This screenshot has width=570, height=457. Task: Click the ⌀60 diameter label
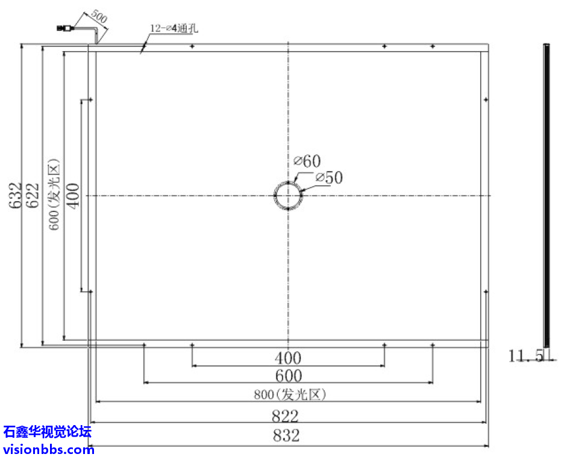tap(307, 161)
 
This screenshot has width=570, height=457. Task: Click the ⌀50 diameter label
tap(328, 178)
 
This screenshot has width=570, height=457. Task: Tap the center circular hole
tap(288, 196)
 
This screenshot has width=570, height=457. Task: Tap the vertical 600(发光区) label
tap(54, 195)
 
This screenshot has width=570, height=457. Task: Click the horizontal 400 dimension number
tap(288, 358)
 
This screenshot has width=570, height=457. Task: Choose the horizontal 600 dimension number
tap(288, 376)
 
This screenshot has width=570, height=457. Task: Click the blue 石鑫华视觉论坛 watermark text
tap(48, 432)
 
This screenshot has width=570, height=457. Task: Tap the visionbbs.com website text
tap(48, 449)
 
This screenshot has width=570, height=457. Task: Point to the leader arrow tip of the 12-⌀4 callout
tap(141, 53)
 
